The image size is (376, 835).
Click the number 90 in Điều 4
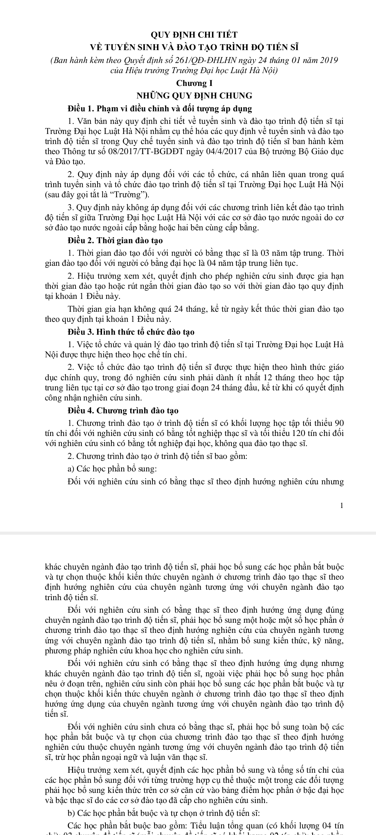[x=339, y=423]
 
